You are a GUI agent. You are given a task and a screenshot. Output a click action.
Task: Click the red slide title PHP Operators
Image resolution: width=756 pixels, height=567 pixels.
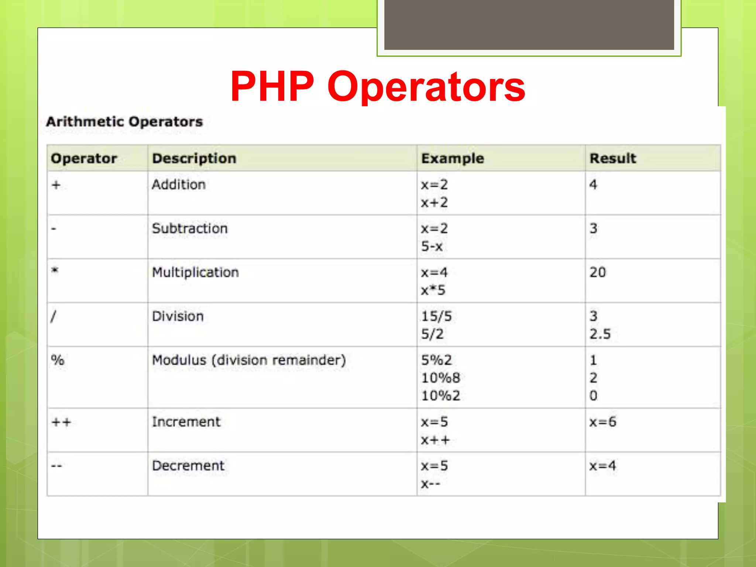pos(378,86)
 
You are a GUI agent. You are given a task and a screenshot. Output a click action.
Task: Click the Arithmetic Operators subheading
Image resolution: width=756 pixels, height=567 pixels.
pos(124,121)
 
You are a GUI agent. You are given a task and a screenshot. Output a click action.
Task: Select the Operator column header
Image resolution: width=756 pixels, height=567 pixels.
pos(84,158)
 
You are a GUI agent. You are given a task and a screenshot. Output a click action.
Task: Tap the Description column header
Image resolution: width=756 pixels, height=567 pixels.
pos(194,158)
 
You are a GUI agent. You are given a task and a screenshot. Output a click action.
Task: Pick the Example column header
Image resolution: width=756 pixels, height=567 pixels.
pos(453,158)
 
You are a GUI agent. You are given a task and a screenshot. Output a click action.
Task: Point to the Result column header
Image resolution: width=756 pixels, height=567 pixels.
pos(613,158)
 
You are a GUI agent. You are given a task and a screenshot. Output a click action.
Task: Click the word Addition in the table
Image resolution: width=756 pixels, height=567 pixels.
pos(179,184)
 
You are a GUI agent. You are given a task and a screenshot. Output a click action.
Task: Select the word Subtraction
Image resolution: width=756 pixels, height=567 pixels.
pos(190,228)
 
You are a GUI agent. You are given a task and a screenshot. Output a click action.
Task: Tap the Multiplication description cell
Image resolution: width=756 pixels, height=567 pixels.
pos(195,272)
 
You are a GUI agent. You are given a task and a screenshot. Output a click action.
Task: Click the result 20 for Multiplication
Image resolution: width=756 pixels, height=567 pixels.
pos(598,272)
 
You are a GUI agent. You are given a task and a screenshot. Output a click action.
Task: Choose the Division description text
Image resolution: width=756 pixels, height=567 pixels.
pos(178,316)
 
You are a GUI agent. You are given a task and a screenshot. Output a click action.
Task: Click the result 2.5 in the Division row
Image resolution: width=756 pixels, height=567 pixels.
pos(600,334)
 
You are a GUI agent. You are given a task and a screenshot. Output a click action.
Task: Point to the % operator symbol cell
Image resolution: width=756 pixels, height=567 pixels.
pos(58,360)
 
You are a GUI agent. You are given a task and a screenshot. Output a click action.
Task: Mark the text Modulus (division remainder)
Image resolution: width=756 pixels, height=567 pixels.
pos(249,360)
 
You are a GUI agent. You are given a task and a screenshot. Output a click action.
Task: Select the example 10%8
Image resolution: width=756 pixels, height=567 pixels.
pos(441,378)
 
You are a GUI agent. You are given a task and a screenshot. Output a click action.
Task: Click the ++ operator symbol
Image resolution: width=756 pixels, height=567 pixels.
pos(61,422)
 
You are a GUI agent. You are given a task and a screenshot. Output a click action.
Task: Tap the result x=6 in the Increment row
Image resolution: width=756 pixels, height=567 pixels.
pos(602,422)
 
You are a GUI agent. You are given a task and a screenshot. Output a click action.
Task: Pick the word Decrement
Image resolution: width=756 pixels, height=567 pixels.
pos(188,465)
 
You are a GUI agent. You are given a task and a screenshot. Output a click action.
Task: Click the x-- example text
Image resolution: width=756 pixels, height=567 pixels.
pos(430,484)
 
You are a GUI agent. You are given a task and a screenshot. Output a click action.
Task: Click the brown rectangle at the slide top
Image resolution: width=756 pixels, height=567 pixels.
pos(529,24)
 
